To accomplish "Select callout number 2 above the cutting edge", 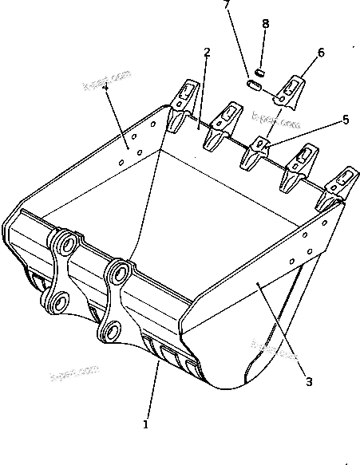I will click(207, 53).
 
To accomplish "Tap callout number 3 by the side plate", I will click(309, 380).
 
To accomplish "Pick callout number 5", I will click(346, 120).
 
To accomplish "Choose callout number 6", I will click(321, 53).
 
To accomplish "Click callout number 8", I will click(266, 24).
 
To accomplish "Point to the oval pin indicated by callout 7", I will click(255, 84).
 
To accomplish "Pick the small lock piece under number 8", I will click(259, 73).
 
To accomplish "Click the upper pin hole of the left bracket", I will click(65, 242).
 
